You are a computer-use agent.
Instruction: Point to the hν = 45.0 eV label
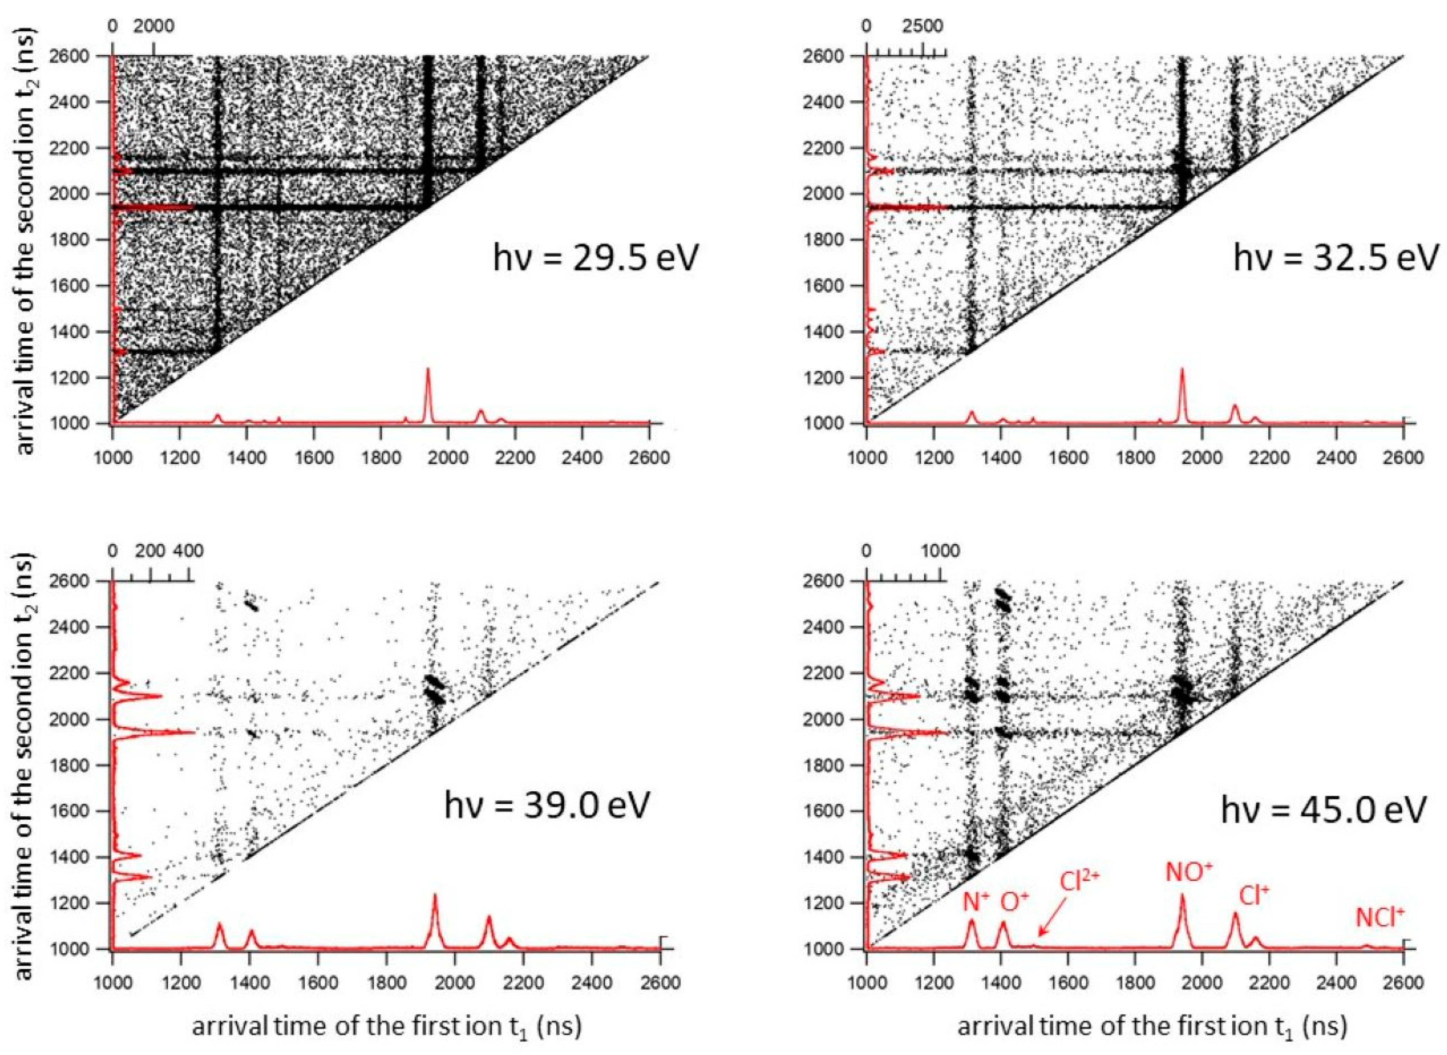[1323, 810]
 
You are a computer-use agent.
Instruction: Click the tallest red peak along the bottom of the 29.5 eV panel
[428, 370]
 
